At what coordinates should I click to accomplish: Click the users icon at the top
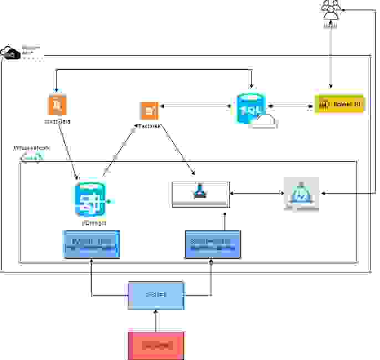[331, 9]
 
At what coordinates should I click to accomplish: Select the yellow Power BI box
[340, 104]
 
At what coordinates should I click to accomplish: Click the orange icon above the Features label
[149, 110]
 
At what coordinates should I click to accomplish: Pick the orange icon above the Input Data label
[57, 105]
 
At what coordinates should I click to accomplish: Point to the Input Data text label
[57, 121]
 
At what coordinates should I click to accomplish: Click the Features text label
[149, 126]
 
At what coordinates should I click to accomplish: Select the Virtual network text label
[32, 148]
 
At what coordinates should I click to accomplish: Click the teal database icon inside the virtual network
[90, 199]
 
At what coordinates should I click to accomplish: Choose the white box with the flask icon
[201, 194]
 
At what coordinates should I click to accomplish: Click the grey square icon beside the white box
[301, 194]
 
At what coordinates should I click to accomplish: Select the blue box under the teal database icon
[92, 244]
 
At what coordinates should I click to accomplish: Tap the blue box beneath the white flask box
[212, 244]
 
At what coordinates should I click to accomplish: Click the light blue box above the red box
[156, 296]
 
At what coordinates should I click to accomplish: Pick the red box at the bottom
[156, 346]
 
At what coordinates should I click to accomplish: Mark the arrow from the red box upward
[156, 321]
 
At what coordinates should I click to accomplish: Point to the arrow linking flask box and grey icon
[256, 193]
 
